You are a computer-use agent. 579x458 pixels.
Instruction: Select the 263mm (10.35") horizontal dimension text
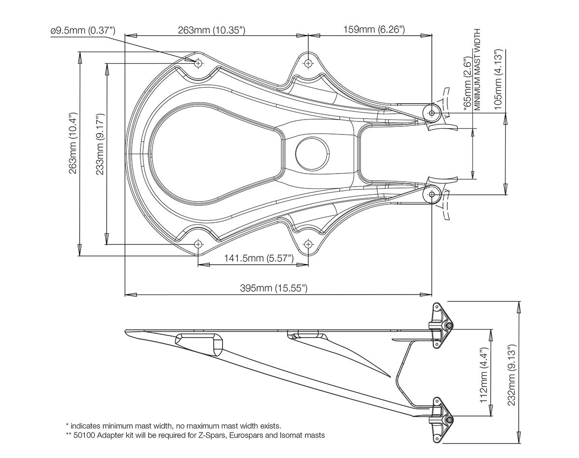[212, 31]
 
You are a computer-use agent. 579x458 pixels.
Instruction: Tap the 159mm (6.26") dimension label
[374, 30]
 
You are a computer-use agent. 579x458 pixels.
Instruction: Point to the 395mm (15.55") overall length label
[274, 288]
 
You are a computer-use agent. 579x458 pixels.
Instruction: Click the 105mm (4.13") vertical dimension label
[498, 77]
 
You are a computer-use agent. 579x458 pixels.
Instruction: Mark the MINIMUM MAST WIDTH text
[478, 69]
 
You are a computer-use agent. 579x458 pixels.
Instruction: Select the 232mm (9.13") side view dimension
[512, 375]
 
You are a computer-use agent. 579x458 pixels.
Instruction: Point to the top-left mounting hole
[198, 63]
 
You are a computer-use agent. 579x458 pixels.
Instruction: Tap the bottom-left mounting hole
[198, 244]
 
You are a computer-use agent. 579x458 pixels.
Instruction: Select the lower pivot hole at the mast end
[432, 194]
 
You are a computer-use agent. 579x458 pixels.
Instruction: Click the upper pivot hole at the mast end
[432, 113]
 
